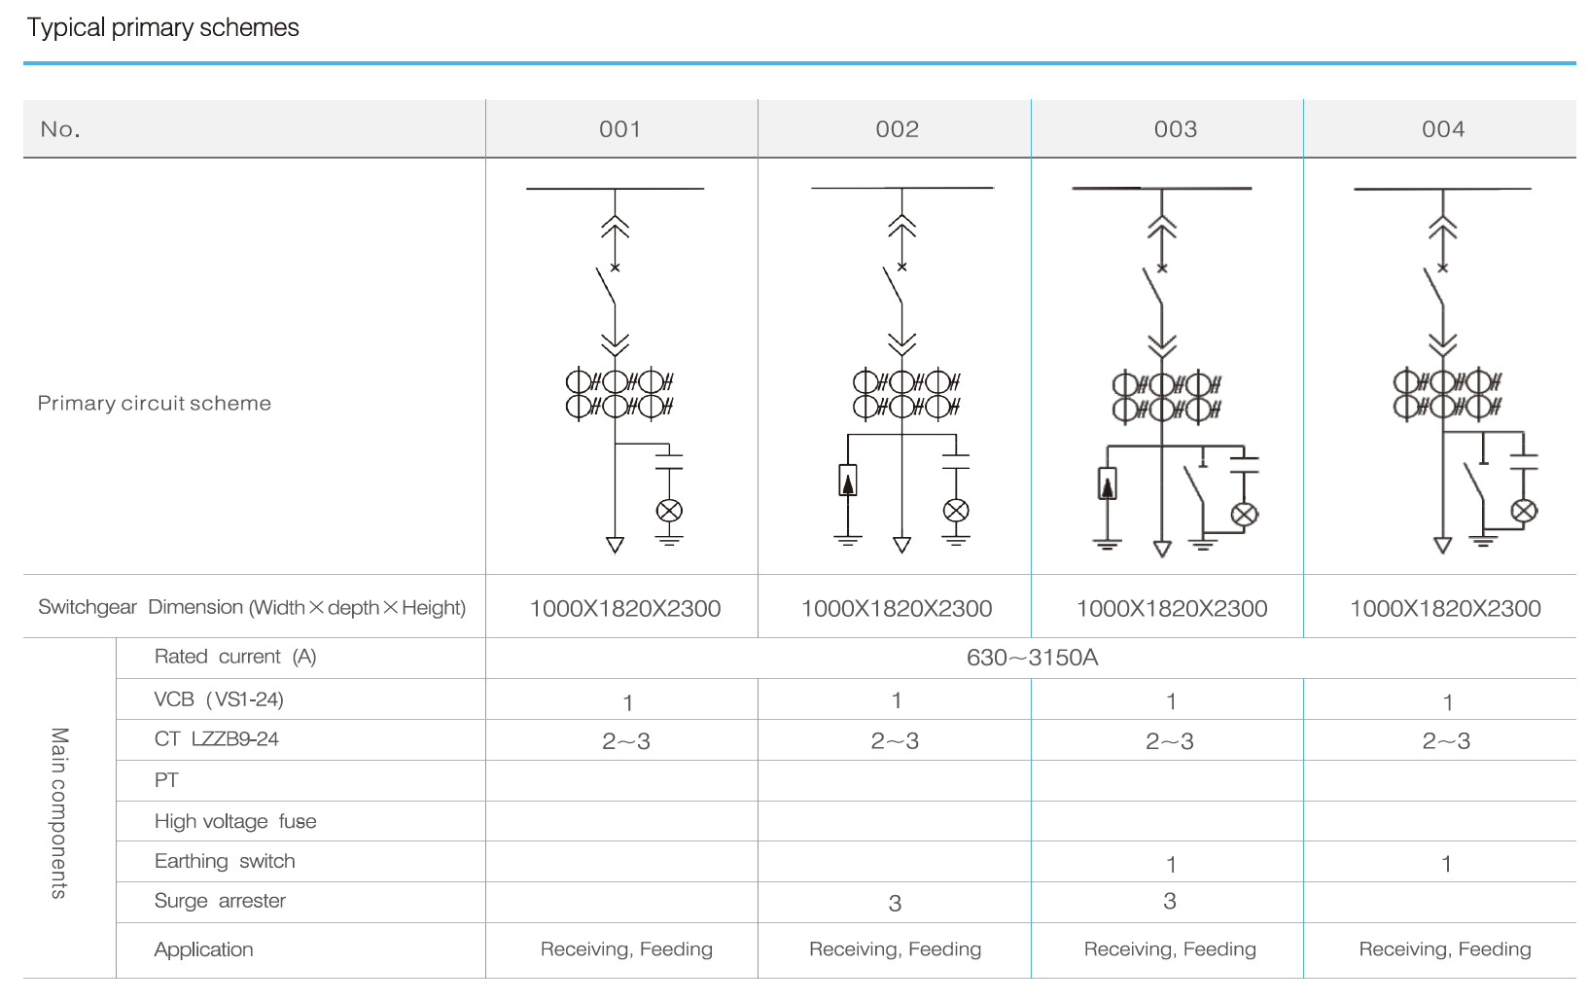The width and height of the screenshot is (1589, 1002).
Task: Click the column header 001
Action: [x=620, y=129]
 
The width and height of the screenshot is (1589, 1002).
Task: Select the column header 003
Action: [x=1176, y=129]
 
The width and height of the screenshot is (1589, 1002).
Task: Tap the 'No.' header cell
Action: [x=60, y=129]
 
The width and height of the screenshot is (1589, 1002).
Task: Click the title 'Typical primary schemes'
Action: [x=162, y=27]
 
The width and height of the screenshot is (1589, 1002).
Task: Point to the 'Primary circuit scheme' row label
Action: [x=154, y=403]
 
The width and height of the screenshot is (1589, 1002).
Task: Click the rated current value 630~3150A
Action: [x=1032, y=658]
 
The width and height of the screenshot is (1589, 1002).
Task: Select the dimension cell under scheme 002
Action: [x=897, y=608]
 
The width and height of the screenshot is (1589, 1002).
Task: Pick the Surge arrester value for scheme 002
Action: [x=896, y=904]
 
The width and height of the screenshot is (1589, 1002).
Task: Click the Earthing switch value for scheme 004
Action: [x=1446, y=864]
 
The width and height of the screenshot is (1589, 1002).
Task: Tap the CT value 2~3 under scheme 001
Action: [x=626, y=741]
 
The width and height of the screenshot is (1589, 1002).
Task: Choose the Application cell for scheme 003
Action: [x=1170, y=949]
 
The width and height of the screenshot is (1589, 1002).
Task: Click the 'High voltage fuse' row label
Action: [x=235, y=822]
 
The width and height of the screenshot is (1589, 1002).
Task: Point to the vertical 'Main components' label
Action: [x=59, y=813]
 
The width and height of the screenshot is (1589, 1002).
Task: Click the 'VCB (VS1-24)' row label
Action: [x=219, y=699]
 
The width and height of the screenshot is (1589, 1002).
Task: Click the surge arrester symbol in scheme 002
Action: [x=848, y=481]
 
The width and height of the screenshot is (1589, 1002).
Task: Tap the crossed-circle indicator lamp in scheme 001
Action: [x=669, y=511]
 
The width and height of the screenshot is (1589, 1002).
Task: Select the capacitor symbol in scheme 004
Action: [x=1523, y=461]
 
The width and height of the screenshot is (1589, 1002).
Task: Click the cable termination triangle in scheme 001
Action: [x=615, y=545]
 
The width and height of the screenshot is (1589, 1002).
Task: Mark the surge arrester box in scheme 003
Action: [x=1108, y=483]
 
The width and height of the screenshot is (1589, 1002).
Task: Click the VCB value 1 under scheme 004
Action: [x=1448, y=702]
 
